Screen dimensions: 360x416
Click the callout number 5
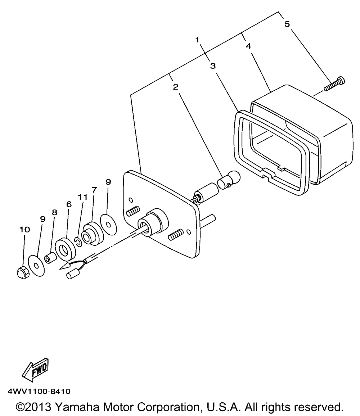(x=287, y=24)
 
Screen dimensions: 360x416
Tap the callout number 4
(x=248, y=46)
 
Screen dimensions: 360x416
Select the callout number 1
(x=197, y=40)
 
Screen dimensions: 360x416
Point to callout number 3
(x=213, y=66)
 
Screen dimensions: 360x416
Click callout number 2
(x=175, y=87)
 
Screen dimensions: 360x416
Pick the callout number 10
(x=25, y=230)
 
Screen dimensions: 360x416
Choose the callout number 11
(x=82, y=197)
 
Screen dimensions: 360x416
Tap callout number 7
(x=94, y=190)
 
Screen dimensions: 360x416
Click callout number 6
(x=69, y=204)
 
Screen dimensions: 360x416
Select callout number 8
(x=54, y=212)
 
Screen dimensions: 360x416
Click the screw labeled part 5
(x=334, y=83)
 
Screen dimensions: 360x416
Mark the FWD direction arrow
(x=35, y=369)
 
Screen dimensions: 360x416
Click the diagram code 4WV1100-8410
(x=39, y=391)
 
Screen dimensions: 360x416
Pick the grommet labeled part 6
(x=65, y=249)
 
